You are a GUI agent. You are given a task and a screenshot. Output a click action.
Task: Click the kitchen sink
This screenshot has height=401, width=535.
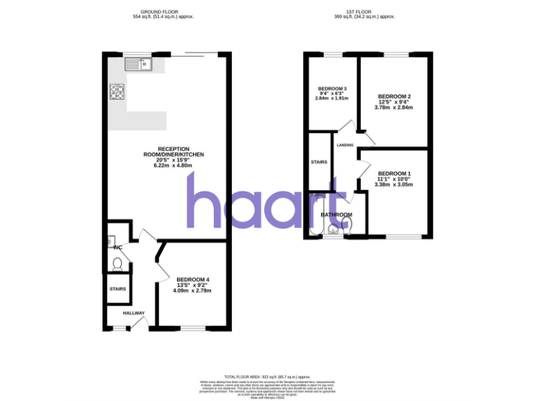click(x=139, y=64)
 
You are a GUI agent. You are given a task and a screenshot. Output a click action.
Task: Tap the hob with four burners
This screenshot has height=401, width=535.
click(x=116, y=91)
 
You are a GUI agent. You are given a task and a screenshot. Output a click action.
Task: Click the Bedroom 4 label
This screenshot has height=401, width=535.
click(x=193, y=280)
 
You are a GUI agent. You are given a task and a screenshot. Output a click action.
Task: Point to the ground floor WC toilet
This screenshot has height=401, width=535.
click(x=118, y=264)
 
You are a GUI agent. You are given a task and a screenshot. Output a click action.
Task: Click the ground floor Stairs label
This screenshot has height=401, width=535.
click(x=118, y=288)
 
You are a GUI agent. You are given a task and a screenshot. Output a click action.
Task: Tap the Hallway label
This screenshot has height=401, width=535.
click(x=134, y=313)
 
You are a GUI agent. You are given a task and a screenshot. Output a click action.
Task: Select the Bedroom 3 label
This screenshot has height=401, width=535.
click(x=332, y=88)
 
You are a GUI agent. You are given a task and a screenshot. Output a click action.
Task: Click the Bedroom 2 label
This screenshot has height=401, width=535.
click(x=394, y=96)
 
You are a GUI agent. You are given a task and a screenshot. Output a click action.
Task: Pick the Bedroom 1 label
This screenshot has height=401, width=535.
click(x=394, y=173)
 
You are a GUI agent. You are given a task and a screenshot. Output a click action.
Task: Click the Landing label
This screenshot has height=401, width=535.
click(x=346, y=145)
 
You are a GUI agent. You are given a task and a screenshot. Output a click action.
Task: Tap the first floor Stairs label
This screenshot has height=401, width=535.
click(x=319, y=162)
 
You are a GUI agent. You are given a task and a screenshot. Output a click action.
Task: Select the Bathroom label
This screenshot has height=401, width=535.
click(x=336, y=214)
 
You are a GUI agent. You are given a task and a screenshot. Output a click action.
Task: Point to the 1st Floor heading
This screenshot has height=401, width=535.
click(x=364, y=12)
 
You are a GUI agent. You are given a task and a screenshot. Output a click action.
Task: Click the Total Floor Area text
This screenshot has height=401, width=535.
click(x=267, y=375)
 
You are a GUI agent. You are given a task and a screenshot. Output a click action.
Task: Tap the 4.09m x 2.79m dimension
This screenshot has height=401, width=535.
click(x=192, y=290)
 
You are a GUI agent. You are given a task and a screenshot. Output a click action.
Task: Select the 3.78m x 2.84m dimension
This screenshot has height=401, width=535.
click(x=394, y=107)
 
